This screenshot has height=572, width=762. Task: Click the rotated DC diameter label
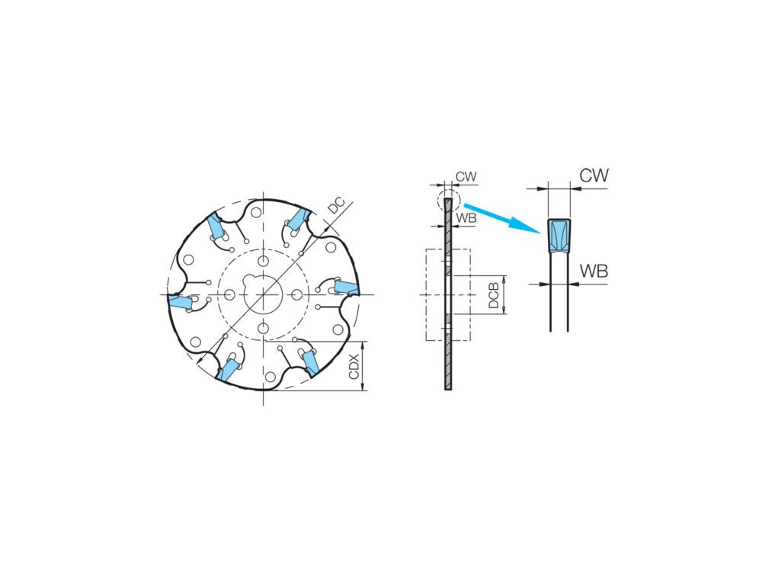click(x=336, y=205)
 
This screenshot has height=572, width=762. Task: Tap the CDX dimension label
click(x=354, y=367)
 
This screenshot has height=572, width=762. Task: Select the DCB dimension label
click(x=494, y=296)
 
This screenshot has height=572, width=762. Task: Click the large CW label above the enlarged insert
click(x=594, y=175)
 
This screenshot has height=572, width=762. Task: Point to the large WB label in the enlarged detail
click(x=594, y=271)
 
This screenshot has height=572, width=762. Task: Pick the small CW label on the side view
click(x=466, y=177)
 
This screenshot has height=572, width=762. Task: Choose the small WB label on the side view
click(x=466, y=218)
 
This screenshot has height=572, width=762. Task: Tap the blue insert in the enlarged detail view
click(x=559, y=236)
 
